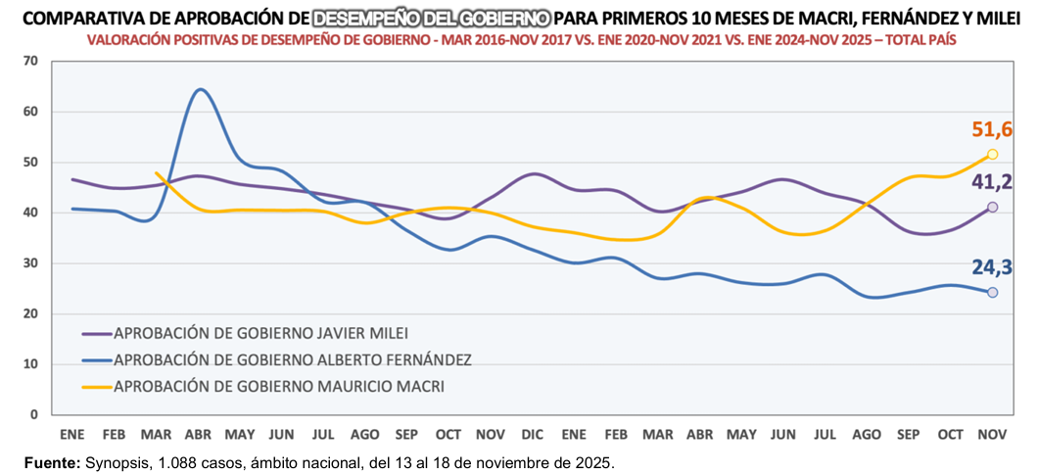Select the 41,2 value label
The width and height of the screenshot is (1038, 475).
993,181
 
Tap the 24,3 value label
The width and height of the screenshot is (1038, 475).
993,267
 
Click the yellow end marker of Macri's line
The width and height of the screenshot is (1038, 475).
992,155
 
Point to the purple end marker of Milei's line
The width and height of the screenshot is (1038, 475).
992,208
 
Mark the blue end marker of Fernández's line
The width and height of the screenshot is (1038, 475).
992,293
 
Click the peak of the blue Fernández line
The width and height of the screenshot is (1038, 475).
200,90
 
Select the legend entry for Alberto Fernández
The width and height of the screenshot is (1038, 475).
292,359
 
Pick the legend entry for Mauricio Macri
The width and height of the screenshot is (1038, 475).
278,386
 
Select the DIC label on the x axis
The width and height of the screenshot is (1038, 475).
532,433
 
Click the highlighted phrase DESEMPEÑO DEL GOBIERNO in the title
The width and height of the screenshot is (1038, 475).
431,18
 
